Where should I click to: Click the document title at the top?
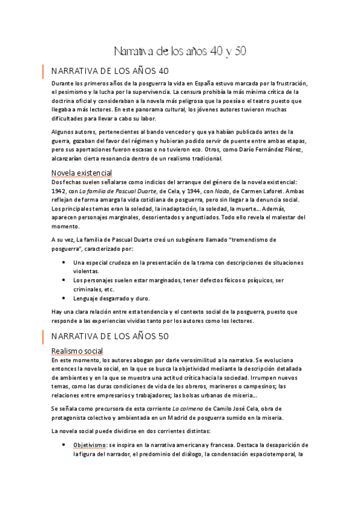[x=180, y=51]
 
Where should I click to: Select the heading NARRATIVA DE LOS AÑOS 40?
[x=114, y=70]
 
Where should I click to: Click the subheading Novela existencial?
[x=82, y=173]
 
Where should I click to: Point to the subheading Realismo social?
[x=77, y=351]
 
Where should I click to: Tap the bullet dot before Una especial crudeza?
[x=64, y=263]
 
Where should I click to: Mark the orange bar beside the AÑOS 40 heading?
[x=43, y=70]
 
